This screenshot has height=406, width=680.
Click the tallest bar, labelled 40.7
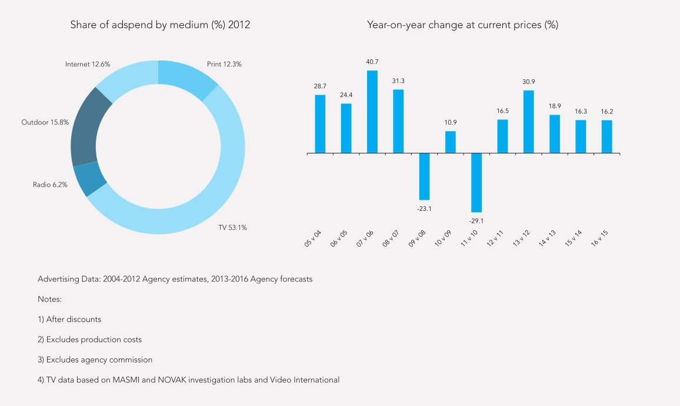click(x=372, y=112)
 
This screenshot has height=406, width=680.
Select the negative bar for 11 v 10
click(x=476, y=182)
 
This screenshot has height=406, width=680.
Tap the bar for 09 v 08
click(x=424, y=176)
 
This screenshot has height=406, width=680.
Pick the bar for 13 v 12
click(x=528, y=122)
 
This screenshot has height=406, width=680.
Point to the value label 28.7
click(x=320, y=86)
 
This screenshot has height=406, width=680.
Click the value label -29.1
click(x=476, y=220)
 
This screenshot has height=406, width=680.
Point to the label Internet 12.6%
click(x=88, y=64)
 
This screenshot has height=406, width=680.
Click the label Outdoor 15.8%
click(x=45, y=123)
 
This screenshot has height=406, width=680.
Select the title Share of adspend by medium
click(x=160, y=25)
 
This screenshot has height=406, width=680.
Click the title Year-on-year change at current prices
click(x=462, y=25)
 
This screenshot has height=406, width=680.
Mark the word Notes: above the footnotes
click(x=50, y=299)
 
